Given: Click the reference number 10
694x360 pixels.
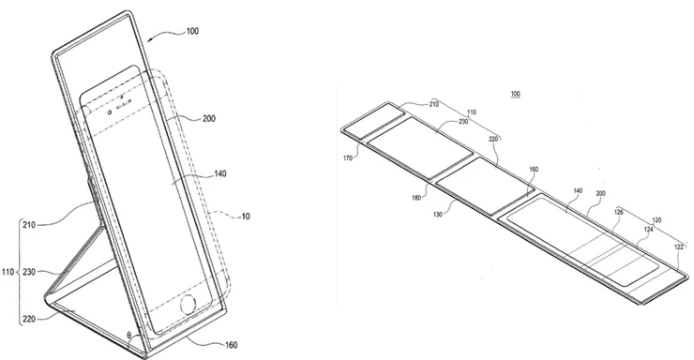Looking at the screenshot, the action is [x=245, y=217].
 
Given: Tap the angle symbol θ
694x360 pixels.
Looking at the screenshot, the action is [x=128, y=336].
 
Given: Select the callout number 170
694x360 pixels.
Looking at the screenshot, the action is [x=348, y=157].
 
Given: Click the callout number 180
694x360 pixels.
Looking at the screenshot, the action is [x=416, y=198].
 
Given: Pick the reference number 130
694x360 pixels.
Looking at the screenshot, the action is [x=438, y=215].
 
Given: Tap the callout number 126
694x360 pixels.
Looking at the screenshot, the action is [x=619, y=212].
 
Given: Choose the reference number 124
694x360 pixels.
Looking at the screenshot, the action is [x=648, y=229].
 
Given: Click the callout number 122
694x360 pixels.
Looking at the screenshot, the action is [x=679, y=247].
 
